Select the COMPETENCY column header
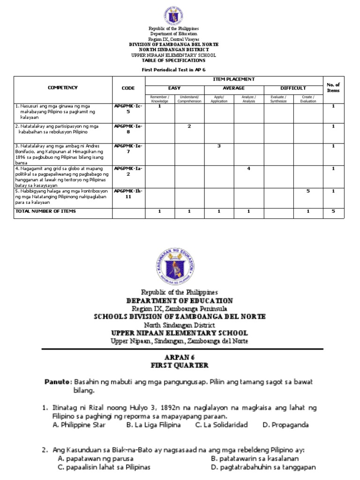tap(62, 88)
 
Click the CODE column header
tap(127, 88)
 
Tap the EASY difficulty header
tap(174, 88)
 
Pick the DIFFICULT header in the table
tap(293, 88)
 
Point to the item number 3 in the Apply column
tap(219, 146)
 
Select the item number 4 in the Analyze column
tap(248, 168)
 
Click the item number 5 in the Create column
tap(308, 191)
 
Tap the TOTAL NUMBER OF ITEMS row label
tap(45, 211)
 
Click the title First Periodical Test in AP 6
tap(173, 69)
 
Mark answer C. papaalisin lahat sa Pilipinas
tap(104, 467)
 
